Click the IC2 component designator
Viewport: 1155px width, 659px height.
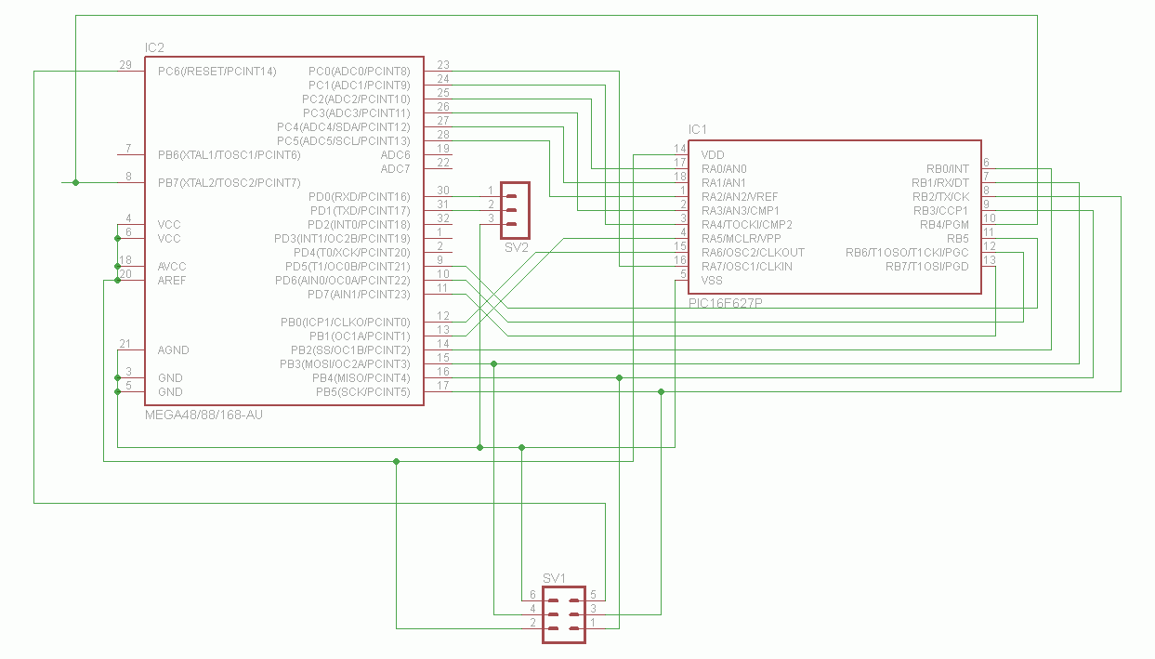[x=154, y=48]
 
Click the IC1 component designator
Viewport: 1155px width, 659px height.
[x=697, y=129]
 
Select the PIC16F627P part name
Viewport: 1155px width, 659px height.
[x=726, y=303]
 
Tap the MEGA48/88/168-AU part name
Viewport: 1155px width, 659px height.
[x=203, y=415]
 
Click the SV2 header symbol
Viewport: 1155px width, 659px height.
[x=515, y=210]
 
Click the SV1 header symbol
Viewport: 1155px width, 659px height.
[x=564, y=614]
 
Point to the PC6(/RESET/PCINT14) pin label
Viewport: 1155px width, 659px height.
[x=217, y=72]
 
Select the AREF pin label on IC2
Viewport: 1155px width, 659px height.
[x=172, y=281]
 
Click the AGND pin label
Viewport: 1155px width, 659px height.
[x=173, y=350]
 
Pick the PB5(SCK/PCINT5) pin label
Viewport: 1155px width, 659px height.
[x=363, y=392]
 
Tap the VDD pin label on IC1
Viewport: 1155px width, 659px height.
[x=713, y=154]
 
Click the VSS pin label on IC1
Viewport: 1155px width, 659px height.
[x=712, y=281]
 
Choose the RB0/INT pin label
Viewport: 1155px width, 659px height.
[x=947, y=168]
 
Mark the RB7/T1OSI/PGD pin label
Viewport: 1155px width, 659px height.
[x=927, y=267]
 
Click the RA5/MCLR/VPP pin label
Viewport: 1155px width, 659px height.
[x=741, y=238]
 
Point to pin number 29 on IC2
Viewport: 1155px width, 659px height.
[x=125, y=65]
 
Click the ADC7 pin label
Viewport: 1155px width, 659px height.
[x=395, y=168]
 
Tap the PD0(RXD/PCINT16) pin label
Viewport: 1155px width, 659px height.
[x=360, y=196]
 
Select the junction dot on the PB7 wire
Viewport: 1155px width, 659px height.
[x=76, y=182]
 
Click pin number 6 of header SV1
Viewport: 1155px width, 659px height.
[x=532, y=595]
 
